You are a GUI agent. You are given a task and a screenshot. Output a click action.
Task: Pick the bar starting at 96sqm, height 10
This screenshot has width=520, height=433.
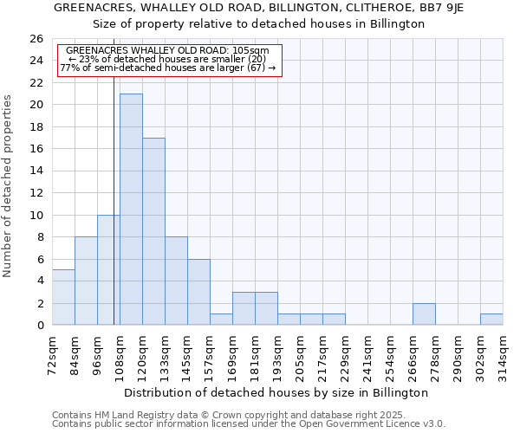coord(108,270)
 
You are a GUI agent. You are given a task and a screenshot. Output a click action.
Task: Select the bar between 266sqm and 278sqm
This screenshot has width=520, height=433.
coord(424,314)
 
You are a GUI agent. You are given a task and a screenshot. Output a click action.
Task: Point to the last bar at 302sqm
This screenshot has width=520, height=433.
coord(491,320)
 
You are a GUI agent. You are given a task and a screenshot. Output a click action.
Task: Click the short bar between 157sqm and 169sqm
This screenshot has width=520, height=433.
coord(221,320)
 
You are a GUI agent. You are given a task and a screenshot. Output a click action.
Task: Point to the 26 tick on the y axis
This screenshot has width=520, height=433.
coord(36,39)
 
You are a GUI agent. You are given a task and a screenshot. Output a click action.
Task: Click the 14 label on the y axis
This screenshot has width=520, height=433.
coord(36,171)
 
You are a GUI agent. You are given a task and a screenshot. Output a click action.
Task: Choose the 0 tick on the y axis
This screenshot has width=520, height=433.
coord(40,326)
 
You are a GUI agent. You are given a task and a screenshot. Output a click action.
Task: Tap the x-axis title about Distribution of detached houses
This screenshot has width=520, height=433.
coord(277,392)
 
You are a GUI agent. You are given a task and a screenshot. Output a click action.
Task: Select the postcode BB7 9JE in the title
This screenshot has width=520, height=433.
coord(444,7)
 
